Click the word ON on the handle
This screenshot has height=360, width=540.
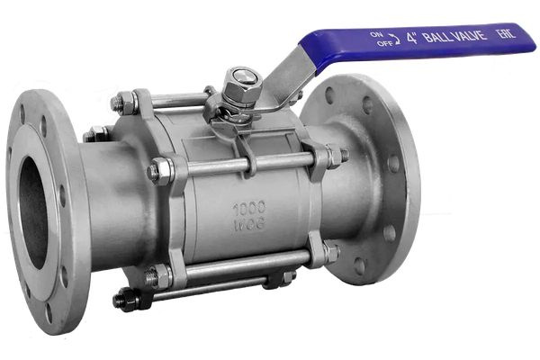[x=376, y=34]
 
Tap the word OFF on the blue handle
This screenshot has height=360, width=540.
[x=384, y=43]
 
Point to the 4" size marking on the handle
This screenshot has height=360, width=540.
[x=412, y=38]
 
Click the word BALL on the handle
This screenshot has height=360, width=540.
[x=436, y=36]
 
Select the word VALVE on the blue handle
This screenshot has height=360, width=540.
[x=469, y=35]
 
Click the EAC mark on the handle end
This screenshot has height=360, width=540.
[x=506, y=34]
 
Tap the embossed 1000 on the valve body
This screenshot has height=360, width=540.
[x=249, y=208]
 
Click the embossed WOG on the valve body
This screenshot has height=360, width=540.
[x=249, y=225]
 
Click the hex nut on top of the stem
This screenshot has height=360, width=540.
[x=242, y=87]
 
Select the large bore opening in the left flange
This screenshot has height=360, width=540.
[x=32, y=212]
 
